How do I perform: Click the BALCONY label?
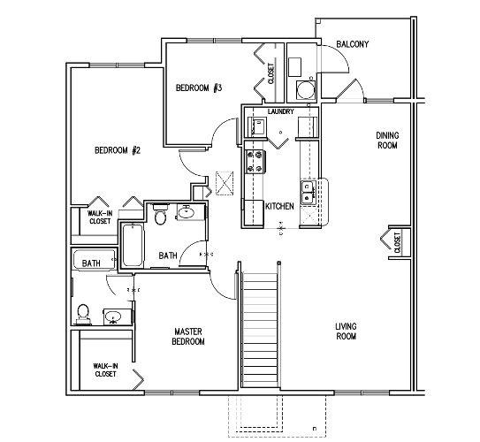pos(353,44)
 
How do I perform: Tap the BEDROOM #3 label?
pos(199,88)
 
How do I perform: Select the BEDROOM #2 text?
pos(118,150)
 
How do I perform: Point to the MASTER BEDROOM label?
pos(188,337)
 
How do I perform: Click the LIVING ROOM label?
pos(347,331)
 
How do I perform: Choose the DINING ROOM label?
pos(387,141)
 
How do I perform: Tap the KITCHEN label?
pos(279,206)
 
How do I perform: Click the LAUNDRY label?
pos(281,111)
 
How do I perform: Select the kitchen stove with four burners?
pos(254,162)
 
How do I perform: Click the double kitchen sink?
pos(308,192)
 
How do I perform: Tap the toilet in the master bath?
pos(83,314)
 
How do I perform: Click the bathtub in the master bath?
pos(94,260)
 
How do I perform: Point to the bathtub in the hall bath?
pos(133,246)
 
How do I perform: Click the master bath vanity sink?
pos(113,316)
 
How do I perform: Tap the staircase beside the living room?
pos(260,329)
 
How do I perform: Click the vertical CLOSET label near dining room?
pos(397,242)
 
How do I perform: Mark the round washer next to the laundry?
pos(305,90)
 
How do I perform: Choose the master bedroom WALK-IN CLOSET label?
pos(105,370)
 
